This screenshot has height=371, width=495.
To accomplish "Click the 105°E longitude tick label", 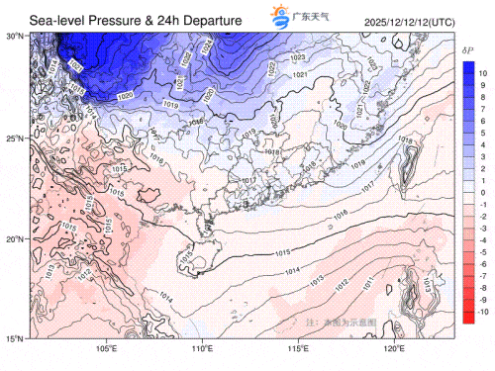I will pos(106,349).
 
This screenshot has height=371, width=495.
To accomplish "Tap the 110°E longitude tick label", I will pos(202,349).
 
